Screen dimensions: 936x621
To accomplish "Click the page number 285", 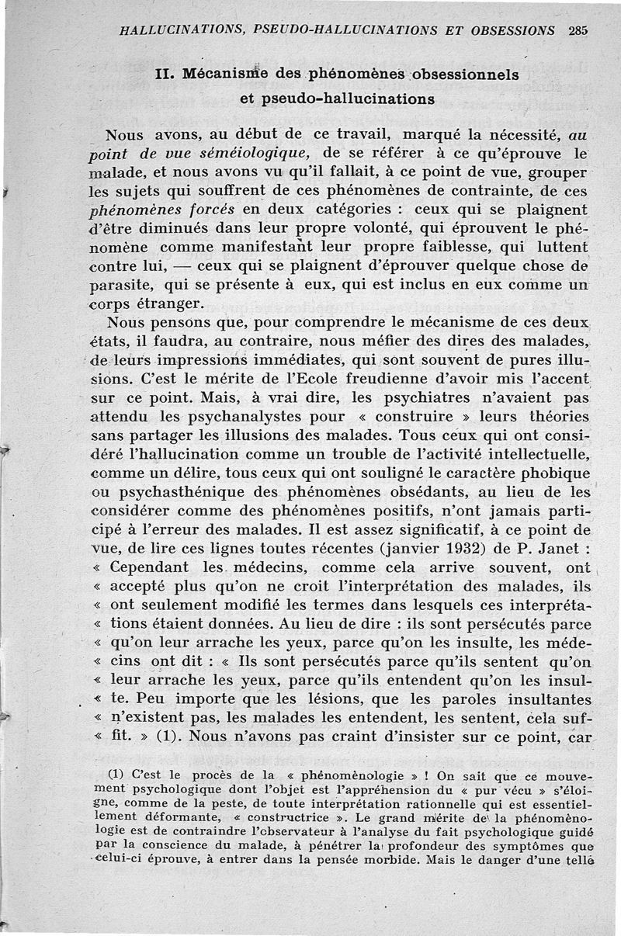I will (x=578, y=31).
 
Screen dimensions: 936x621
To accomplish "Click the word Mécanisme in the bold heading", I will (x=221, y=76).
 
